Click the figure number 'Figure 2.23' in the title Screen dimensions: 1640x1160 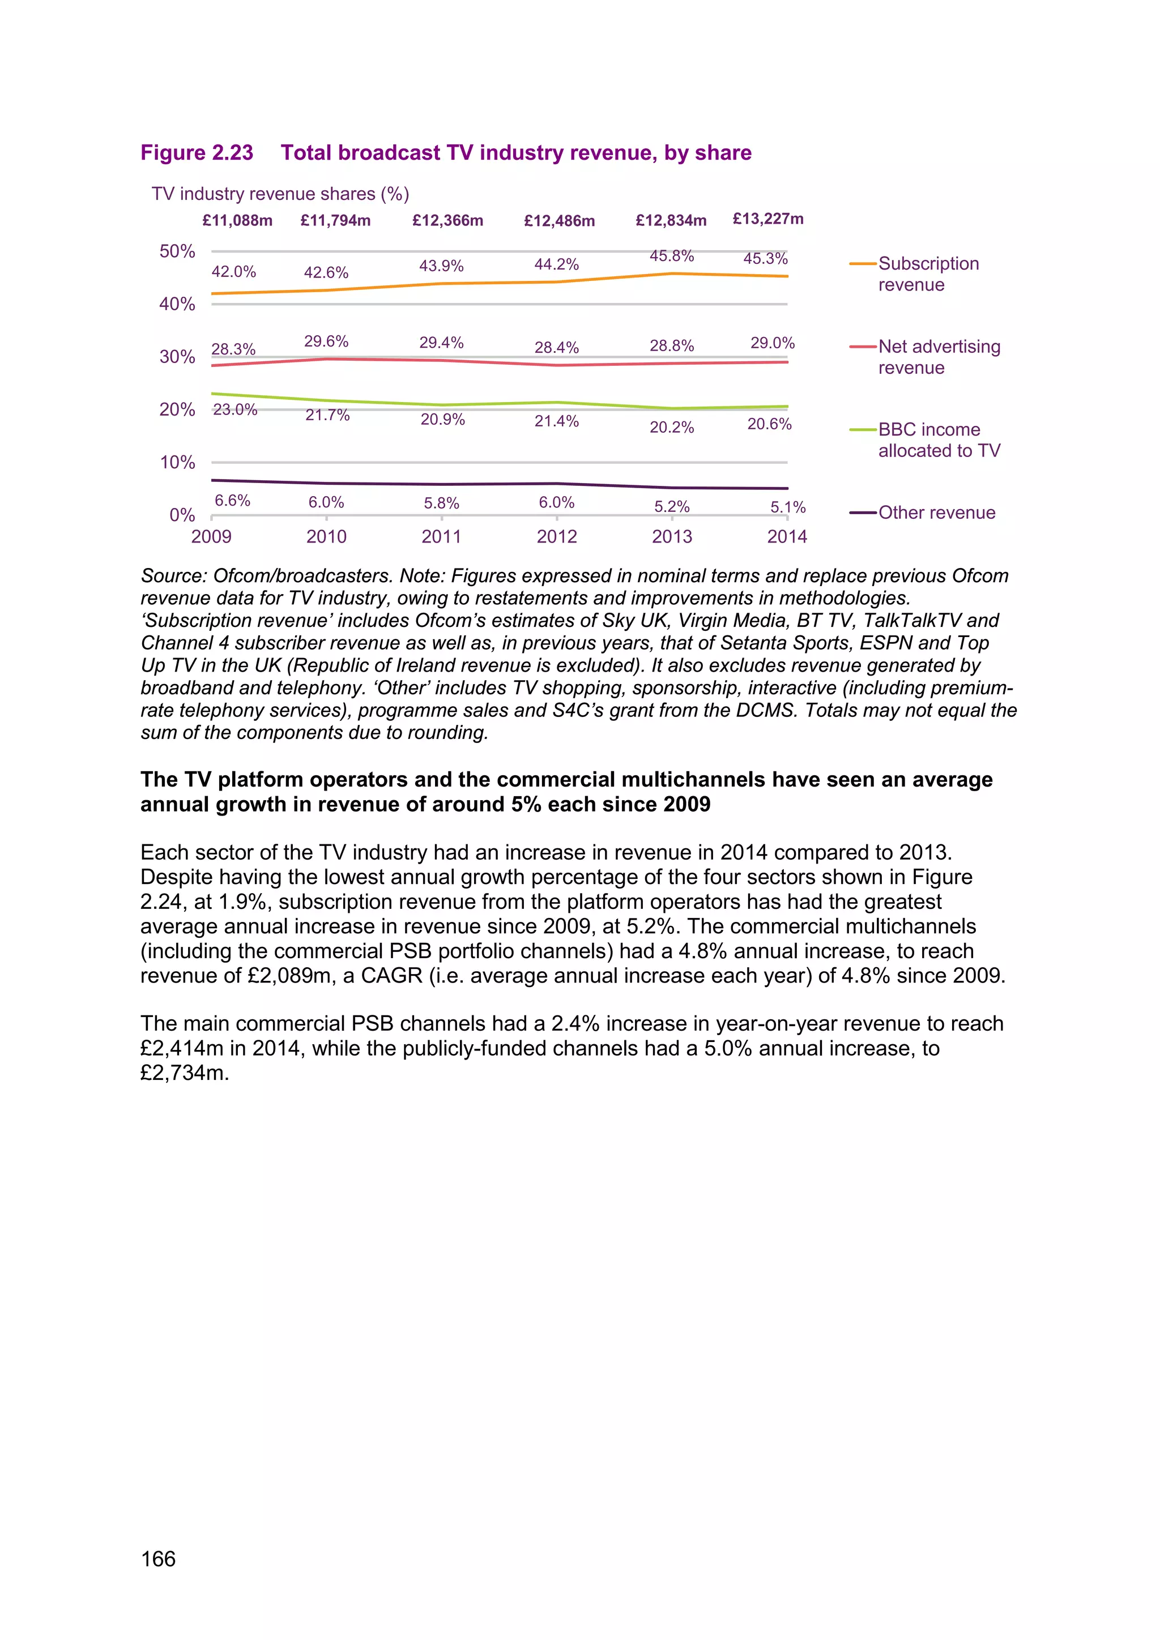pyautogui.click(x=197, y=153)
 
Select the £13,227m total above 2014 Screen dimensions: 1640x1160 pyautogui.click(x=768, y=219)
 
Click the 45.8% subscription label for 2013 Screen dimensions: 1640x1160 pyautogui.click(x=671, y=256)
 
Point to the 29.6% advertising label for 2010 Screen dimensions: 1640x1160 pyautogui.click(x=326, y=341)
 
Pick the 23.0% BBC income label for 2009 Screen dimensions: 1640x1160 pyautogui.click(x=235, y=409)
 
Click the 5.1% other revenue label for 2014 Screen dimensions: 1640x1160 pyautogui.click(x=788, y=507)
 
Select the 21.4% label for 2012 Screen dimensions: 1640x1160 pyautogui.click(x=556, y=421)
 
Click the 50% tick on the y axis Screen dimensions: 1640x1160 pyautogui.click(x=177, y=251)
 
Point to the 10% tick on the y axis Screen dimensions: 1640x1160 pyautogui.click(x=177, y=462)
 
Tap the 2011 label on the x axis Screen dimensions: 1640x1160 pyautogui.click(x=441, y=536)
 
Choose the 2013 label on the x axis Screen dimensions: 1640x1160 pyautogui.click(x=671, y=536)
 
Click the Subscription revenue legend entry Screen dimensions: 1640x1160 pyautogui.click(x=928, y=274)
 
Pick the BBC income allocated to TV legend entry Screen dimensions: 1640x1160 pyautogui.click(x=939, y=440)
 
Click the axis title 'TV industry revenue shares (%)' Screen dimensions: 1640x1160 pyautogui.click(x=280, y=194)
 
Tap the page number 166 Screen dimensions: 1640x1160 pyautogui.click(x=159, y=1558)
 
